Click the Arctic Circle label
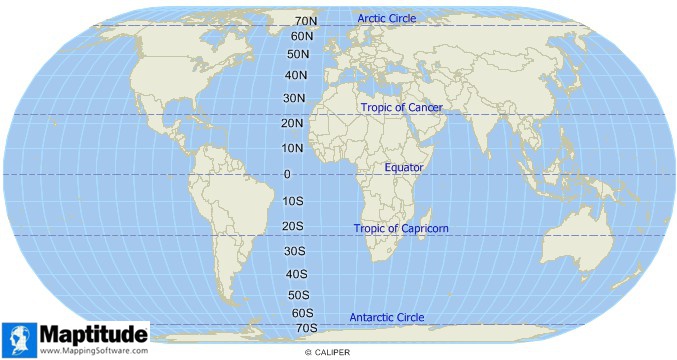[x=388, y=19]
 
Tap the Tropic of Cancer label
[x=401, y=107]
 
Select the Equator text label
[x=404, y=167]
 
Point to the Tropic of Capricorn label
[x=401, y=229]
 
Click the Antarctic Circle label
[x=386, y=318]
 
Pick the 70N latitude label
[x=305, y=21]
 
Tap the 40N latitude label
[x=295, y=75]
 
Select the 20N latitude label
[x=293, y=123]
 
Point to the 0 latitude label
[x=288, y=175]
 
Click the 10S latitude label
[x=293, y=201]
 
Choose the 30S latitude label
[x=295, y=251]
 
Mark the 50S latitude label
[x=299, y=295]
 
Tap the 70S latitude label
[x=305, y=328]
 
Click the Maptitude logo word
[x=93, y=333]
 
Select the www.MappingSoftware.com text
[x=94, y=351]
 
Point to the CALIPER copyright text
[x=329, y=353]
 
